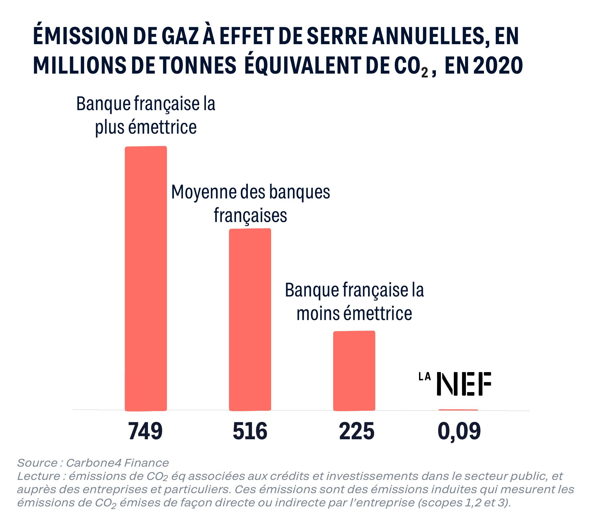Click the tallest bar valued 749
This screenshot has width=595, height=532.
pos(146,278)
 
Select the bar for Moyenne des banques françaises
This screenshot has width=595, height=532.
pos(250,319)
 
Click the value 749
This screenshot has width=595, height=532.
pos(145,431)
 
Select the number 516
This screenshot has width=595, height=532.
pos(250,431)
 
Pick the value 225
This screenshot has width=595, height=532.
pos(357,431)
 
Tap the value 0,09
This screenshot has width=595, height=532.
pos(459,431)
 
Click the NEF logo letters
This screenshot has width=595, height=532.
pos(464,384)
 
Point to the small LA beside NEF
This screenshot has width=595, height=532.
pos(425,377)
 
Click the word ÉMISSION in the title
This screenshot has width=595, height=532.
pos(80,36)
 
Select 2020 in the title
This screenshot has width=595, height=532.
pos(498,65)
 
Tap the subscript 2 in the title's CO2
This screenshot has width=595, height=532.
pos(425,72)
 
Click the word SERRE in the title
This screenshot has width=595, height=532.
pos(337,36)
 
